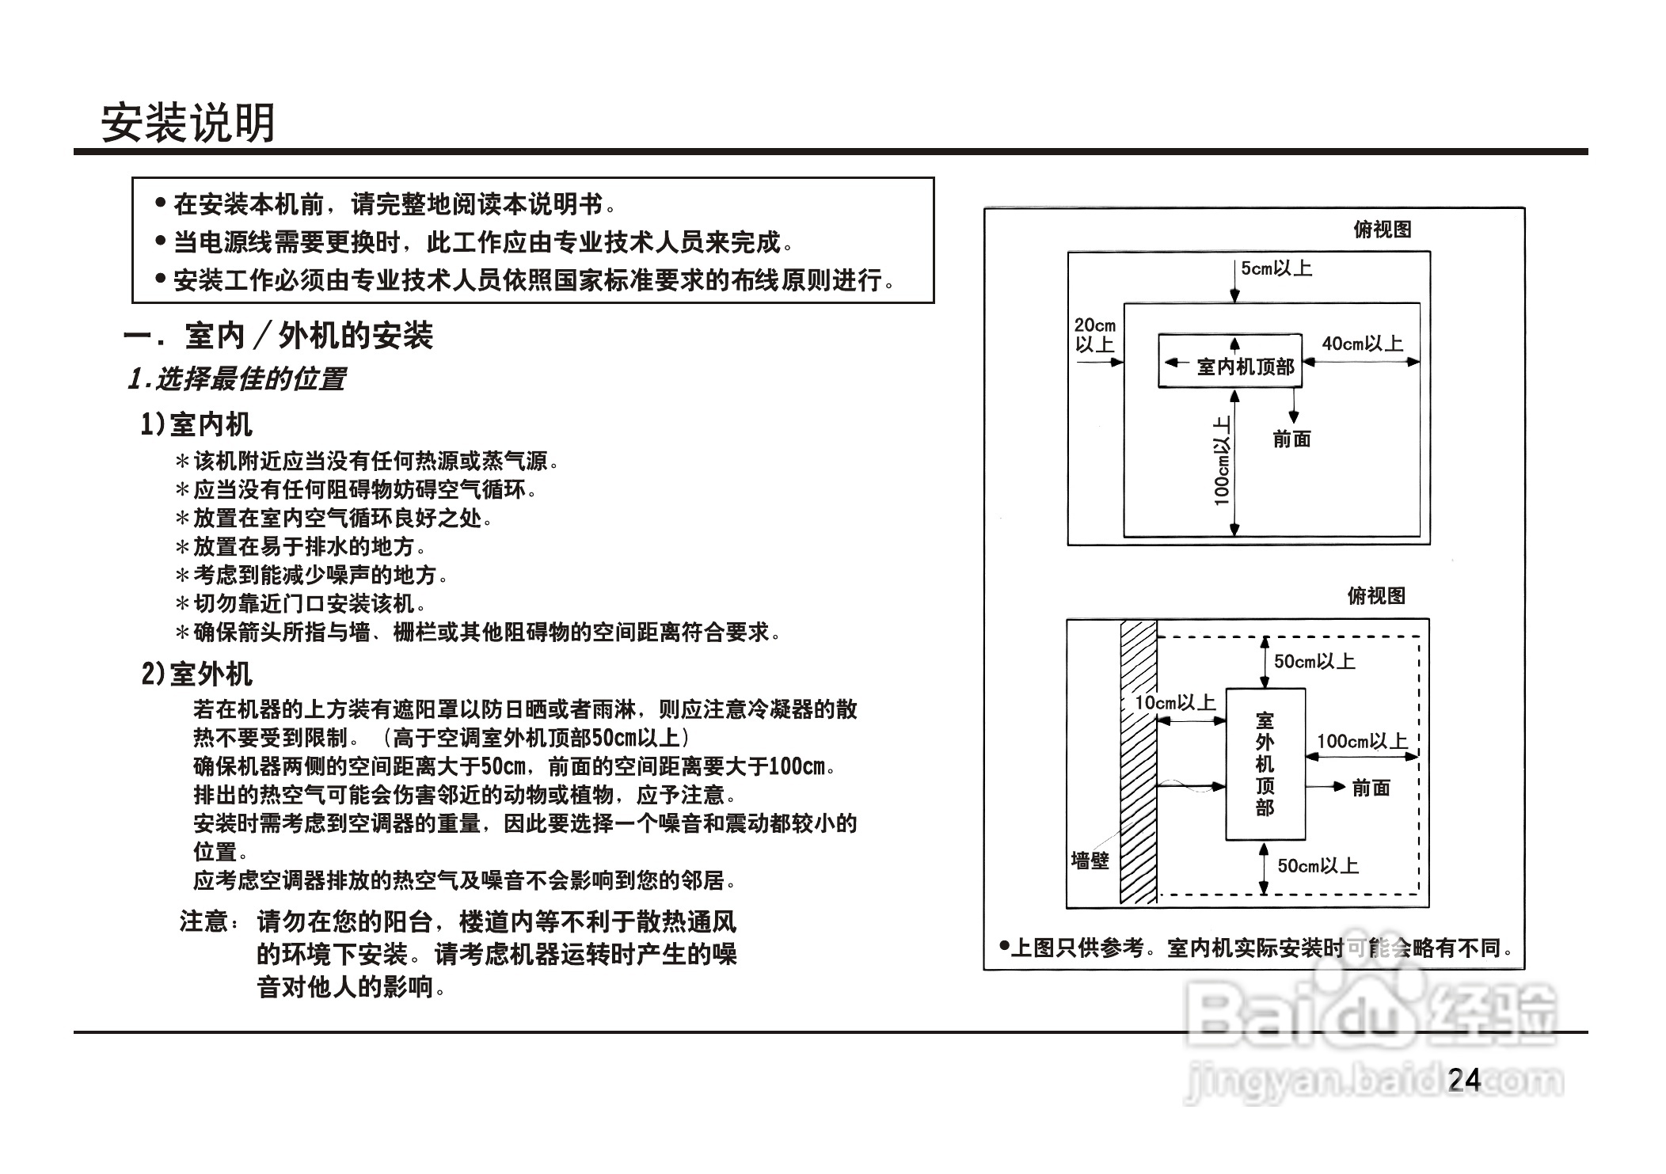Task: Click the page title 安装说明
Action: coord(188,123)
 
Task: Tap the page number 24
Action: coord(1463,1080)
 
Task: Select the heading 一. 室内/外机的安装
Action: coord(279,336)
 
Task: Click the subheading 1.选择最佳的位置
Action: coord(237,379)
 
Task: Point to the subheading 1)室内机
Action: coord(196,425)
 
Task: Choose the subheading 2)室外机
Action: coord(196,674)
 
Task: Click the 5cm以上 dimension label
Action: coord(1276,269)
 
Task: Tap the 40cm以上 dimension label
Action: coord(1362,344)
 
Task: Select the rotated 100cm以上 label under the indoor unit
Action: coord(1223,461)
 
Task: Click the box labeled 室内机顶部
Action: coord(1230,361)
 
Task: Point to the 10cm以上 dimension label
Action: coord(1174,703)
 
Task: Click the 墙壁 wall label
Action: coord(1090,861)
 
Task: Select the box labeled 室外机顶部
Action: coord(1265,764)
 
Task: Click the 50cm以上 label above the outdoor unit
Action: coord(1314,662)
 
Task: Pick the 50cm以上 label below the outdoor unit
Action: coord(1318,866)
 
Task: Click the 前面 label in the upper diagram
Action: coord(1291,439)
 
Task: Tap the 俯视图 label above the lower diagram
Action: coord(1376,596)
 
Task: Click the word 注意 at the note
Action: coord(204,922)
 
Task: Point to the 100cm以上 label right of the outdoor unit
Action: coord(1362,742)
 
